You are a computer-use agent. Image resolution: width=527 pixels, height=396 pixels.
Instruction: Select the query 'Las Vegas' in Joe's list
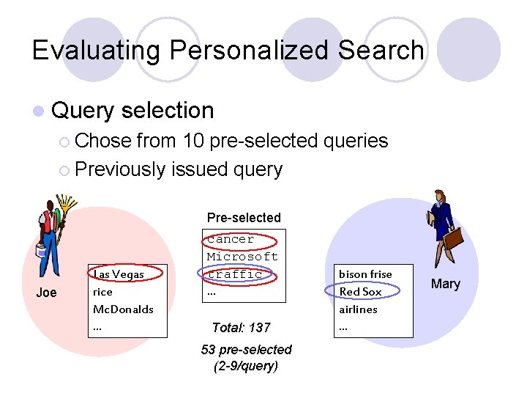[118, 274]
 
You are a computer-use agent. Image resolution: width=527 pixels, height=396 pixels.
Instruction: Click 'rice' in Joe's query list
[102, 292]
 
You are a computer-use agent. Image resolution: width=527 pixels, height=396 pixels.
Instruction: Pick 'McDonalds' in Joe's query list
[123, 309]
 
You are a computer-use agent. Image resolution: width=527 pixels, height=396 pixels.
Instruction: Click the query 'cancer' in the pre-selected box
[231, 239]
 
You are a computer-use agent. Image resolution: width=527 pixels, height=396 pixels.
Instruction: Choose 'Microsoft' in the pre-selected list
[242, 257]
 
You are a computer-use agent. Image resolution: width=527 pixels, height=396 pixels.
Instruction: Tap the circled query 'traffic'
[235, 274]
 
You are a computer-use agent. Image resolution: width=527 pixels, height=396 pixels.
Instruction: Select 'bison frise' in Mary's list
[365, 274]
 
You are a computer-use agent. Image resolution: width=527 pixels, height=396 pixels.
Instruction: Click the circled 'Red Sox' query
[360, 292]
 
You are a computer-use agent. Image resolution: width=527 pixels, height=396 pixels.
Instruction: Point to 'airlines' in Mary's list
[358, 309]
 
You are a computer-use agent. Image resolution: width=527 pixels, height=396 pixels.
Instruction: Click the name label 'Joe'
[46, 293]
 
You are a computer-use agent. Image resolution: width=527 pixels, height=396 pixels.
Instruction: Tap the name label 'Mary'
[446, 284]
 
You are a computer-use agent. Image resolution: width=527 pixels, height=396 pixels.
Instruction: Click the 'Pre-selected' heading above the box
[244, 218]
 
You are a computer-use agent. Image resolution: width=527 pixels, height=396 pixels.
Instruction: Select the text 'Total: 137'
[241, 328]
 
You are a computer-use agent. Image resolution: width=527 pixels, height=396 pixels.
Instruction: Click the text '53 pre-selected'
[246, 350]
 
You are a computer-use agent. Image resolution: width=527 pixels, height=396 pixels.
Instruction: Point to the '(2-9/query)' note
[246, 366]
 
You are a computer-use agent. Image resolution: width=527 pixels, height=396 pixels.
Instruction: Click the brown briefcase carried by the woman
[453, 239]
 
